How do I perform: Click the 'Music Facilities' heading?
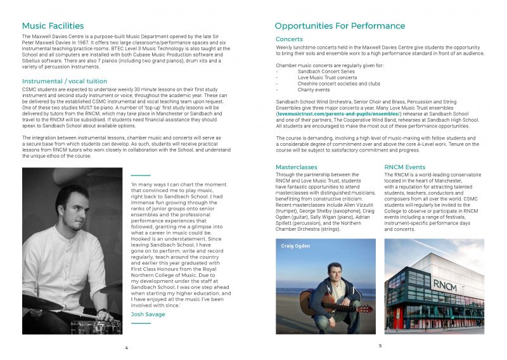[x=53, y=26]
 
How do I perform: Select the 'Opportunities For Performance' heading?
[x=340, y=26]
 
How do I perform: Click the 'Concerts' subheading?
[x=289, y=39]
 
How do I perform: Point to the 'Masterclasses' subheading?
[x=297, y=167]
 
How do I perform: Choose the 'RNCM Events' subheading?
[x=406, y=167]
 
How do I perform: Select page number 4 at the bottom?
[x=127, y=348]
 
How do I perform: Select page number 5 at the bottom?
[x=380, y=346]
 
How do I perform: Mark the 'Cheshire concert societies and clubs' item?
[x=338, y=83]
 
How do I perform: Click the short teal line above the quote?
[x=140, y=175]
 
